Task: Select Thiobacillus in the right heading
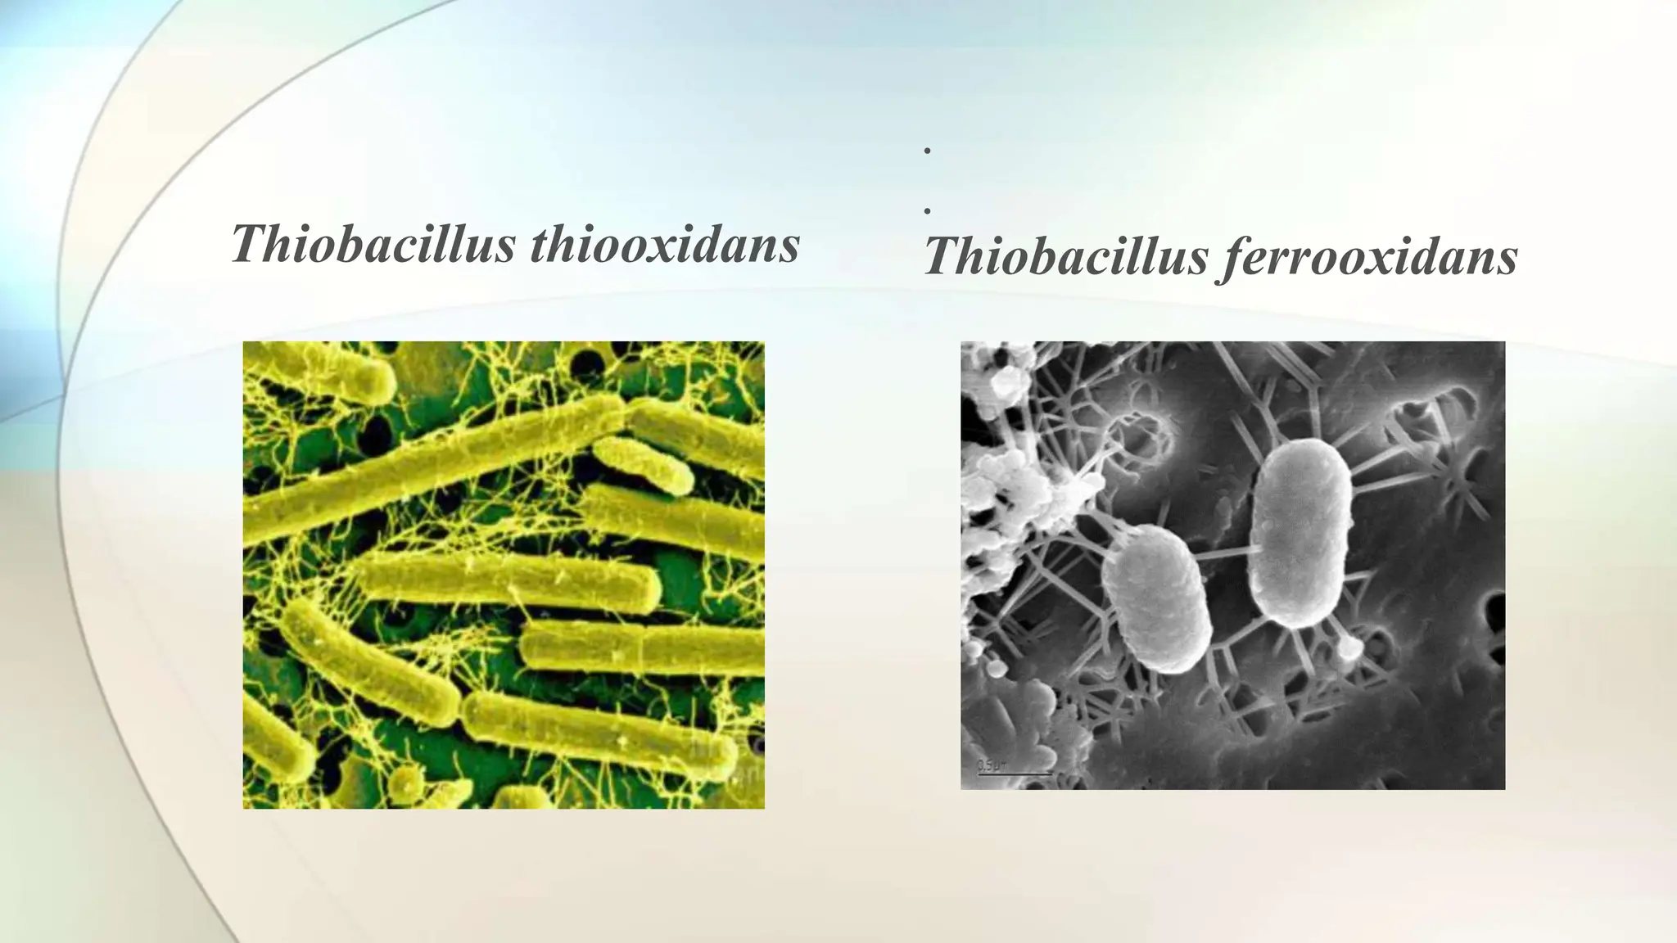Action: [x=1065, y=256]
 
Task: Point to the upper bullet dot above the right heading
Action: [x=927, y=151]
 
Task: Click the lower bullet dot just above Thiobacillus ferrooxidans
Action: [x=927, y=211]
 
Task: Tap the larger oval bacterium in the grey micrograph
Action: [x=1301, y=532]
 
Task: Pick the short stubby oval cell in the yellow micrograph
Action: [x=643, y=464]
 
